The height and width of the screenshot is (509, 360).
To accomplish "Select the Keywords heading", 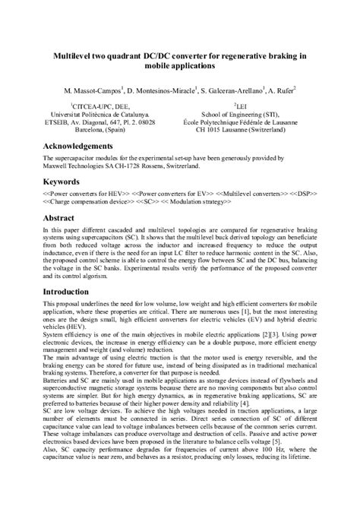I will click(x=63, y=182).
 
